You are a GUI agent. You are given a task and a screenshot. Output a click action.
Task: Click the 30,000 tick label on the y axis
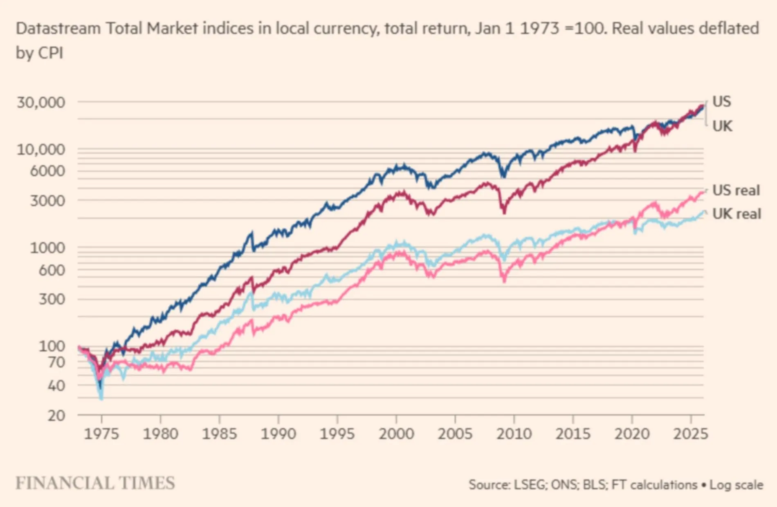(x=40, y=102)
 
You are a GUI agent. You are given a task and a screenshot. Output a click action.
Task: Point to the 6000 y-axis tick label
(x=47, y=171)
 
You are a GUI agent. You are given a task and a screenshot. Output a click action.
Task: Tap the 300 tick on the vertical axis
(x=52, y=299)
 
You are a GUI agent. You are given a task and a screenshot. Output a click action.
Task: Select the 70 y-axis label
(x=56, y=362)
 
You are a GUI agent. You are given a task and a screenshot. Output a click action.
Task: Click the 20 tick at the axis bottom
(x=56, y=416)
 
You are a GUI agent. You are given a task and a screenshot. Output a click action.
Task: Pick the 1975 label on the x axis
(x=101, y=434)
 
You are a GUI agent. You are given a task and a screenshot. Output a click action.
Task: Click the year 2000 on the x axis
(x=396, y=434)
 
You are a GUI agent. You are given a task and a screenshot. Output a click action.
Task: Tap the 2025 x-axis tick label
(x=690, y=434)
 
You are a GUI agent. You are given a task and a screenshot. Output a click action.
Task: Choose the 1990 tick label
(x=278, y=434)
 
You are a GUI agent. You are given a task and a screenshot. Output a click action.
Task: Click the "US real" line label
(x=736, y=191)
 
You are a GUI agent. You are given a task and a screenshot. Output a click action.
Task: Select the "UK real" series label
(x=737, y=214)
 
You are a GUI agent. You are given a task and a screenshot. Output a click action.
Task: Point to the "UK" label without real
(x=722, y=126)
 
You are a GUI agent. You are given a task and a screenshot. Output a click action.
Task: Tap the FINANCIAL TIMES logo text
(x=95, y=483)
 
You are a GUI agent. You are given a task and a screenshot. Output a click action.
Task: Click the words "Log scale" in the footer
(x=736, y=485)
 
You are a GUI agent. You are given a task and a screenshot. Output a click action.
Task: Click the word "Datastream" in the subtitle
(x=58, y=29)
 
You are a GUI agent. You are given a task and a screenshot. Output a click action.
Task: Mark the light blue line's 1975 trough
(x=101, y=397)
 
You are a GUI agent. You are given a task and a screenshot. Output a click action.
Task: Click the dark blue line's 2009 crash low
(x=503, y=176)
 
